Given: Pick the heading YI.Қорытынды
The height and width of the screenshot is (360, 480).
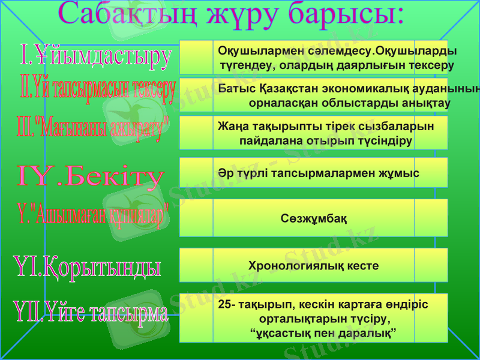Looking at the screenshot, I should click(x=88, y=266).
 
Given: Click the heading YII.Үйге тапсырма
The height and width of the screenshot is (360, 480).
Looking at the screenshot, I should click(x=91, y=313).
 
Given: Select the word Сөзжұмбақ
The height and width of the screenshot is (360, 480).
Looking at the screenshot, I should click(x=314, y=218).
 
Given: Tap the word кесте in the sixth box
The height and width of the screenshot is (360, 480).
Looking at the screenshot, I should click(x=362, y=265).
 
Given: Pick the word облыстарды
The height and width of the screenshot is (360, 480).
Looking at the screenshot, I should click(x=334, y=103).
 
